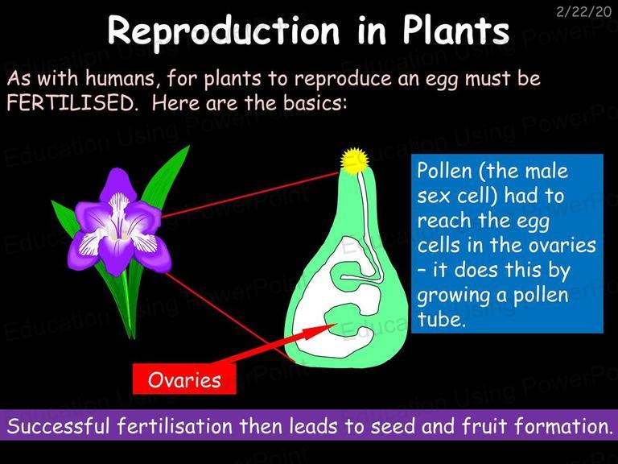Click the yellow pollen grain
click(355, 160)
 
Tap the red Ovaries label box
click(184, 379)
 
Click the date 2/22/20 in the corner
click(583, 12)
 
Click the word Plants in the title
click(456, 31)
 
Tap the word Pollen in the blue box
click(444, 172)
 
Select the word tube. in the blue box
click(442, 319)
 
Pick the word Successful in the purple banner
click(58, 426)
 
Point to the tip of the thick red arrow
click(336, 325)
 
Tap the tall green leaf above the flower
click(166, 177)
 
